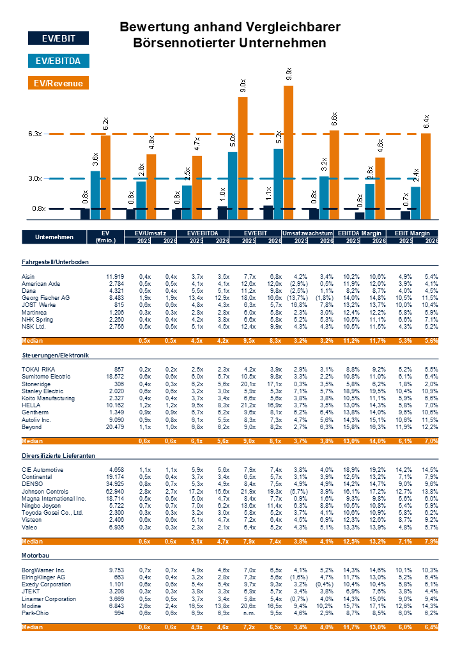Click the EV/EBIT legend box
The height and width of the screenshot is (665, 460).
pyautogui.click(x=58, y=38)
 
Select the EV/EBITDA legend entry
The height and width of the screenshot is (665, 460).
pyautogui.click(x=58, y=61)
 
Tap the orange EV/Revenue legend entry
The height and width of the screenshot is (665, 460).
pyautogui.click(x=58, y=83)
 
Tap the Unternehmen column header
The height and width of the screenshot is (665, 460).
pyautogui.click(x=53, y=237)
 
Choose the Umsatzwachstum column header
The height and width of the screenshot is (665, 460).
pyautogui.click(x=307, y=233)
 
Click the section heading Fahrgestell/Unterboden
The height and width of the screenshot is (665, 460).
pyautogui.click(x=55, y=262)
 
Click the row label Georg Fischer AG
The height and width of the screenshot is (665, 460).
pyautogui.click(x=45, y=298)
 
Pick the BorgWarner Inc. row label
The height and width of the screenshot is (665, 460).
pyautogui.click(x=43, y=569)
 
